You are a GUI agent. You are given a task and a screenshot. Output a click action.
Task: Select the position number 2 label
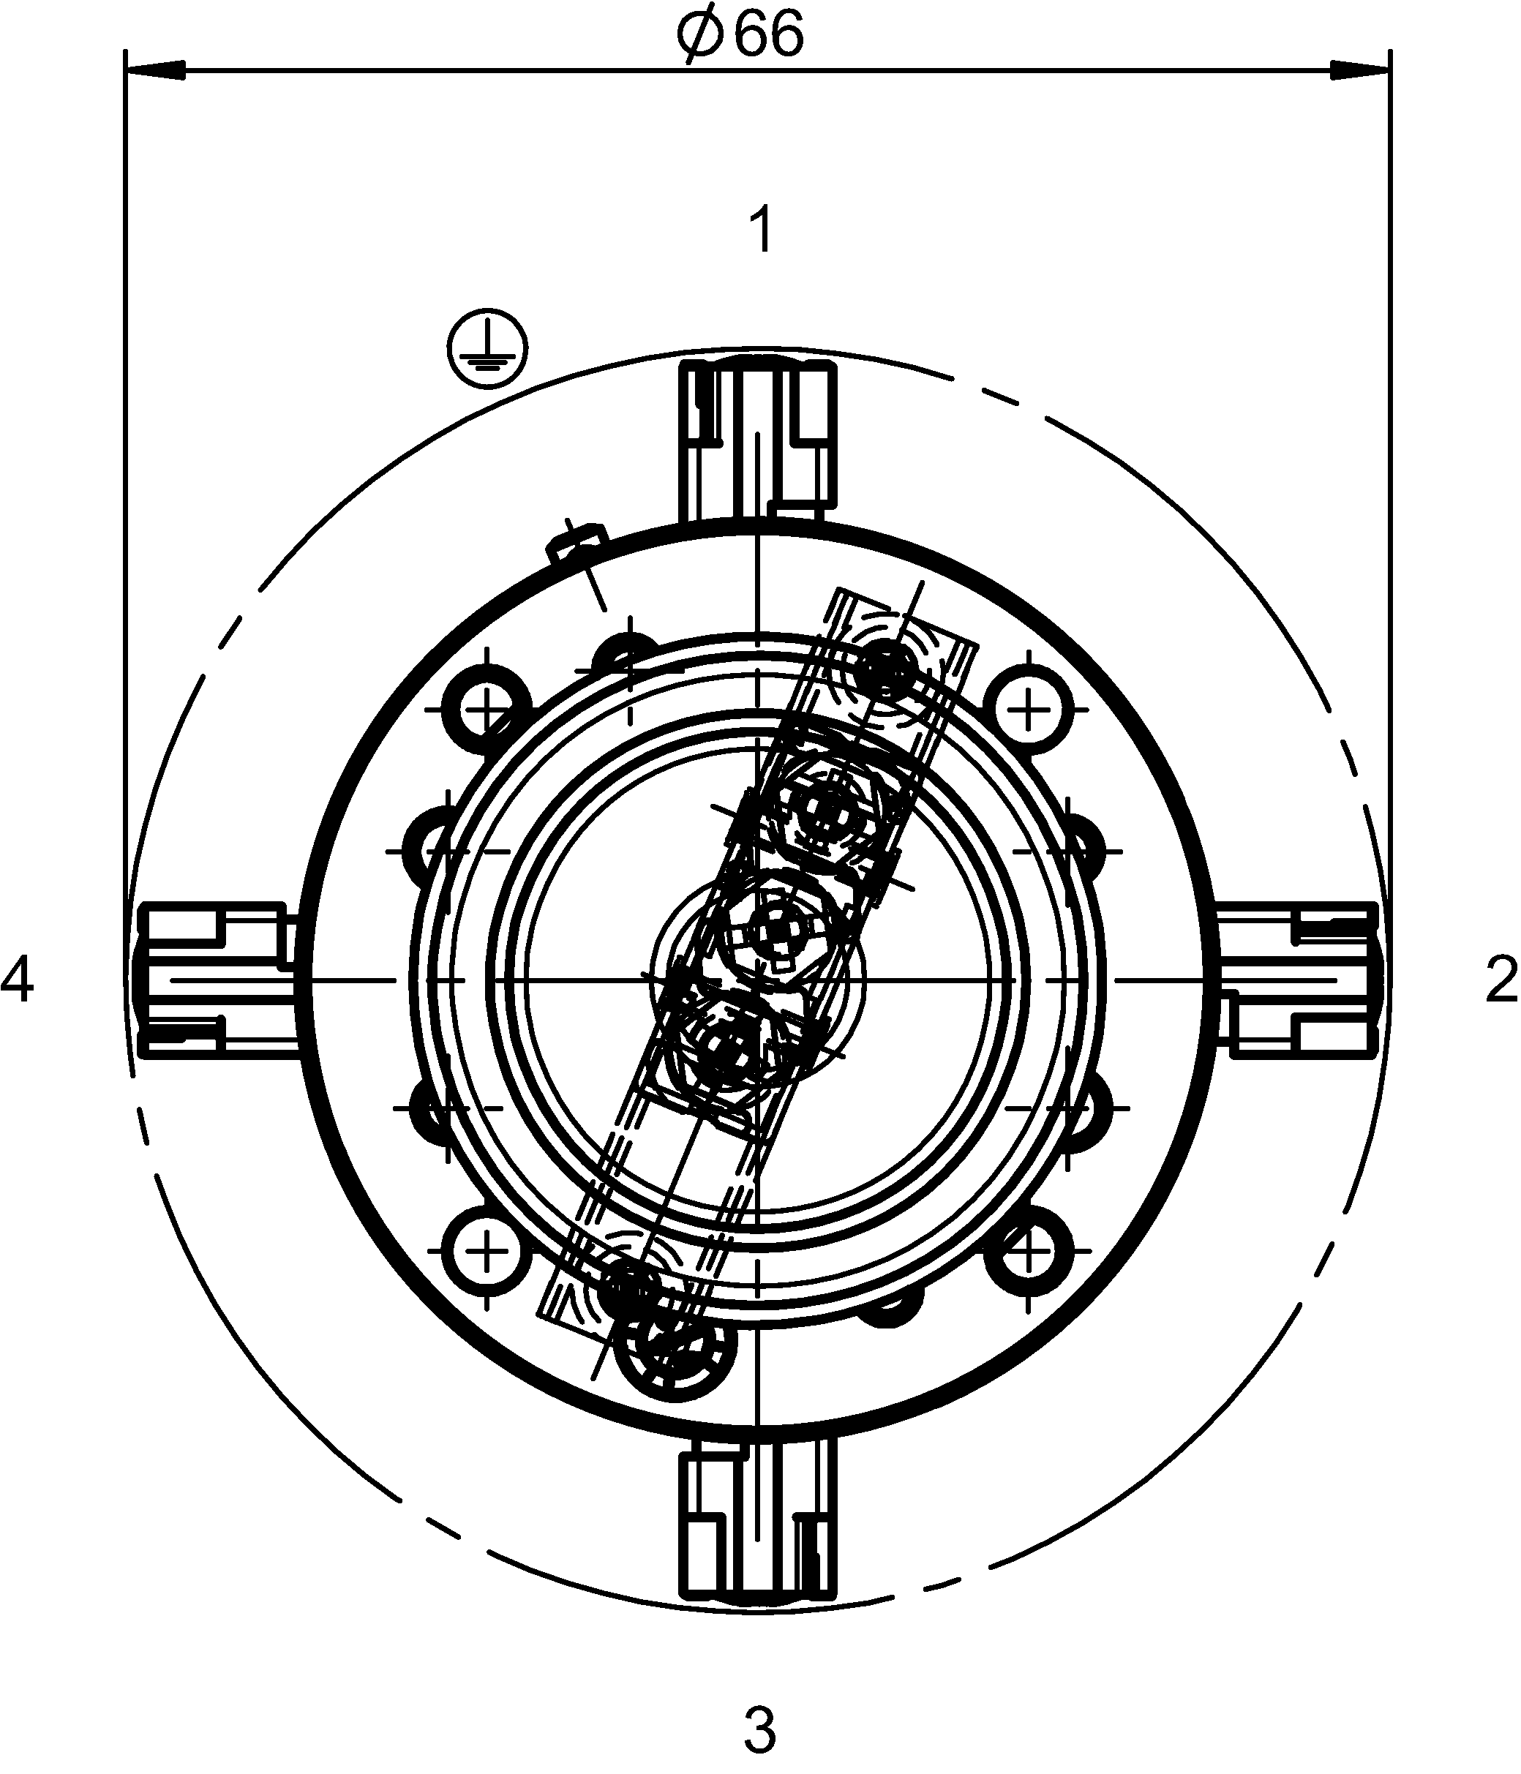click(1501, 980)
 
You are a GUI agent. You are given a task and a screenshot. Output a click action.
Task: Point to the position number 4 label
click(17, 980)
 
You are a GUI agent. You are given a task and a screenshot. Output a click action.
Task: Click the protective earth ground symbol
click(488, 348)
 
